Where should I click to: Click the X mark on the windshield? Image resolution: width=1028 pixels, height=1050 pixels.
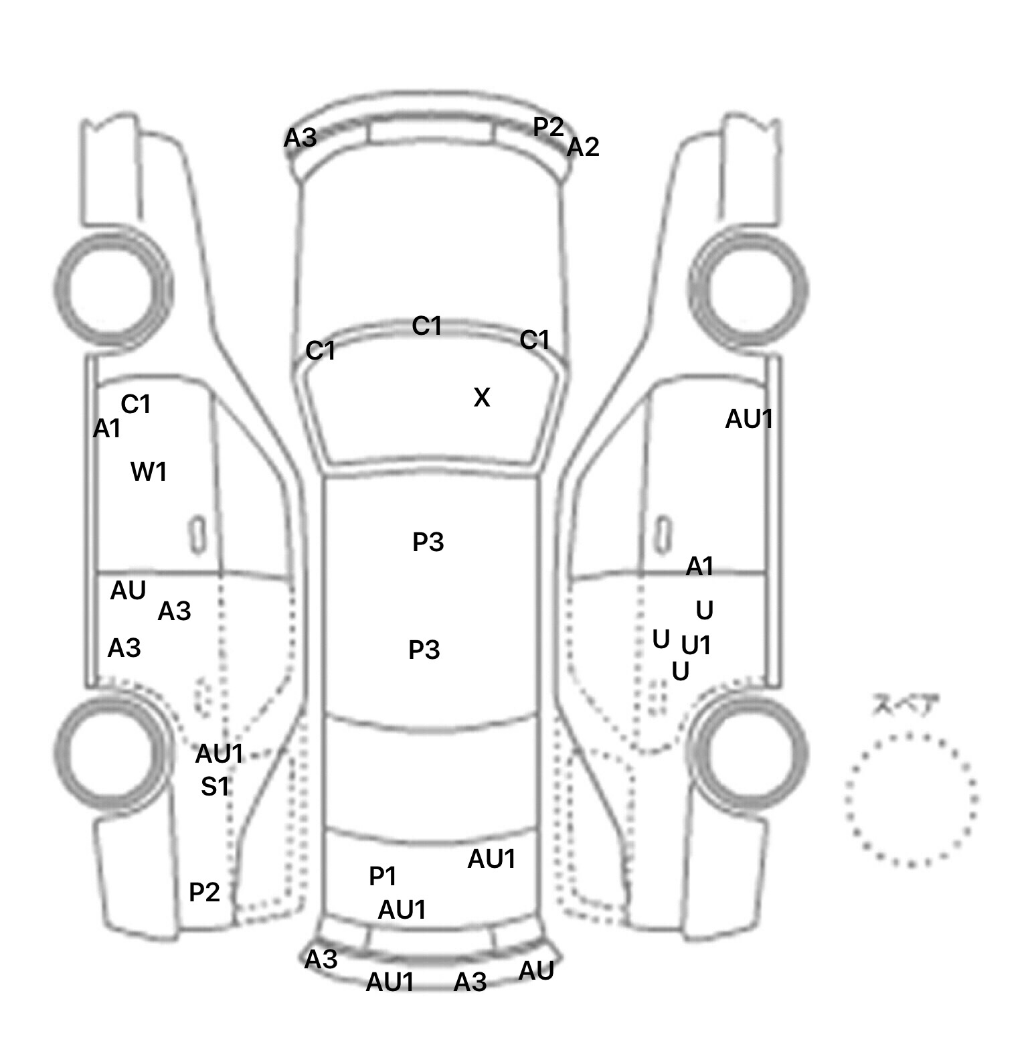(x=482, y=398)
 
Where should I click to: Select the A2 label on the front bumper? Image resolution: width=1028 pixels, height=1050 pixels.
(x=583, y=147)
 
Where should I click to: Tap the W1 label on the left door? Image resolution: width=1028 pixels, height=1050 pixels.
(x=149, y=472)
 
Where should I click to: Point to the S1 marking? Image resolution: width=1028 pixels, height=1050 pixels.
(x=216, y=786)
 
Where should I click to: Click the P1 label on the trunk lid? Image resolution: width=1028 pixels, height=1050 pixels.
(x=383, y=876)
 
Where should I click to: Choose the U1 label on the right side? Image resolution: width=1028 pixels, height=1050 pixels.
(x=696, y=645)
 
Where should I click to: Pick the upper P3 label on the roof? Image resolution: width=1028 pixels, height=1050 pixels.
(x=428, y=542)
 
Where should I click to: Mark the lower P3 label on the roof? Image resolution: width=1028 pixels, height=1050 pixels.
(x=424, y=650)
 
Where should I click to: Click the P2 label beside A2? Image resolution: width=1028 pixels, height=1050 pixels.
(x=549, y=127)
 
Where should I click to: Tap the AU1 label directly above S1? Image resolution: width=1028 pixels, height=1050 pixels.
(x=219, y=754)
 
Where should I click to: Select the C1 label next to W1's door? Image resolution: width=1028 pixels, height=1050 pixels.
(x=136, y=404)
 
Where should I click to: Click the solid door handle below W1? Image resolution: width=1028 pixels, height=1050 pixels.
(x=197, y=534)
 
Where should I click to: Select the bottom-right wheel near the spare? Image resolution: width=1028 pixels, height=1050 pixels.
(x=748, y=750)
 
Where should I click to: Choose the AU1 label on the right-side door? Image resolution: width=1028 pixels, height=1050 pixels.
(x=750, y=419)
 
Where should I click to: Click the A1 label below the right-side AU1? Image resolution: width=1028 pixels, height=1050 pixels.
(x=700, y=567)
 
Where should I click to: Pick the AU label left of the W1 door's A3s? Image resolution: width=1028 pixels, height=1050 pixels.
(x=128, y=591)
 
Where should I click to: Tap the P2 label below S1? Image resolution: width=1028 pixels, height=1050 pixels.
(x=205, y=892)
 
